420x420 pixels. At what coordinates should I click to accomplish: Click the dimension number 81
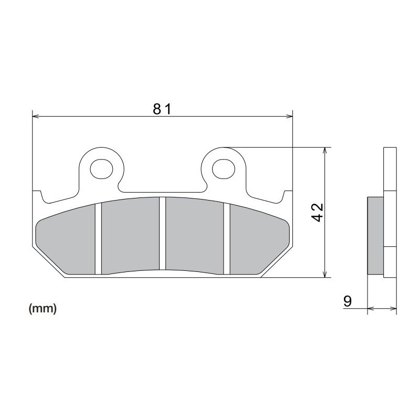point(162,109)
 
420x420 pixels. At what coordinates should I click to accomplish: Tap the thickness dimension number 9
point(347,301)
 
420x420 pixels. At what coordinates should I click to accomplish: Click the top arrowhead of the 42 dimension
point(327,151)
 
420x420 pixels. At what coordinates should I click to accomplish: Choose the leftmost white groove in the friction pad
point(98,239)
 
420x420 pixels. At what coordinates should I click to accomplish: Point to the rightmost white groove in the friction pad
point(227,239)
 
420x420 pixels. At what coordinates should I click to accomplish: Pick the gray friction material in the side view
point(375,235)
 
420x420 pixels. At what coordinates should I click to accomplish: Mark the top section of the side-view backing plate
point(390,168)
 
